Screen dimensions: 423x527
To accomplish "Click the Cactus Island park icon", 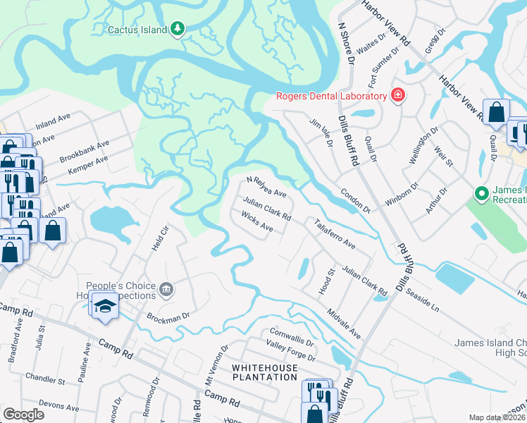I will [x=179, y=29].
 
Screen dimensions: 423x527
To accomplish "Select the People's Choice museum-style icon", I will [x=166, y=288].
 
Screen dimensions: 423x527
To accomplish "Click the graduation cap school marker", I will [x=105, y=306].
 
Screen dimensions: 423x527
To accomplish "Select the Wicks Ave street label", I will [x=257, y=223].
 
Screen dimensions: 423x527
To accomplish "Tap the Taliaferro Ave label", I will [x=335, y=233].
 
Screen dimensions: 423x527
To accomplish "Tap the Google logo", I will [x=23, y=415].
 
